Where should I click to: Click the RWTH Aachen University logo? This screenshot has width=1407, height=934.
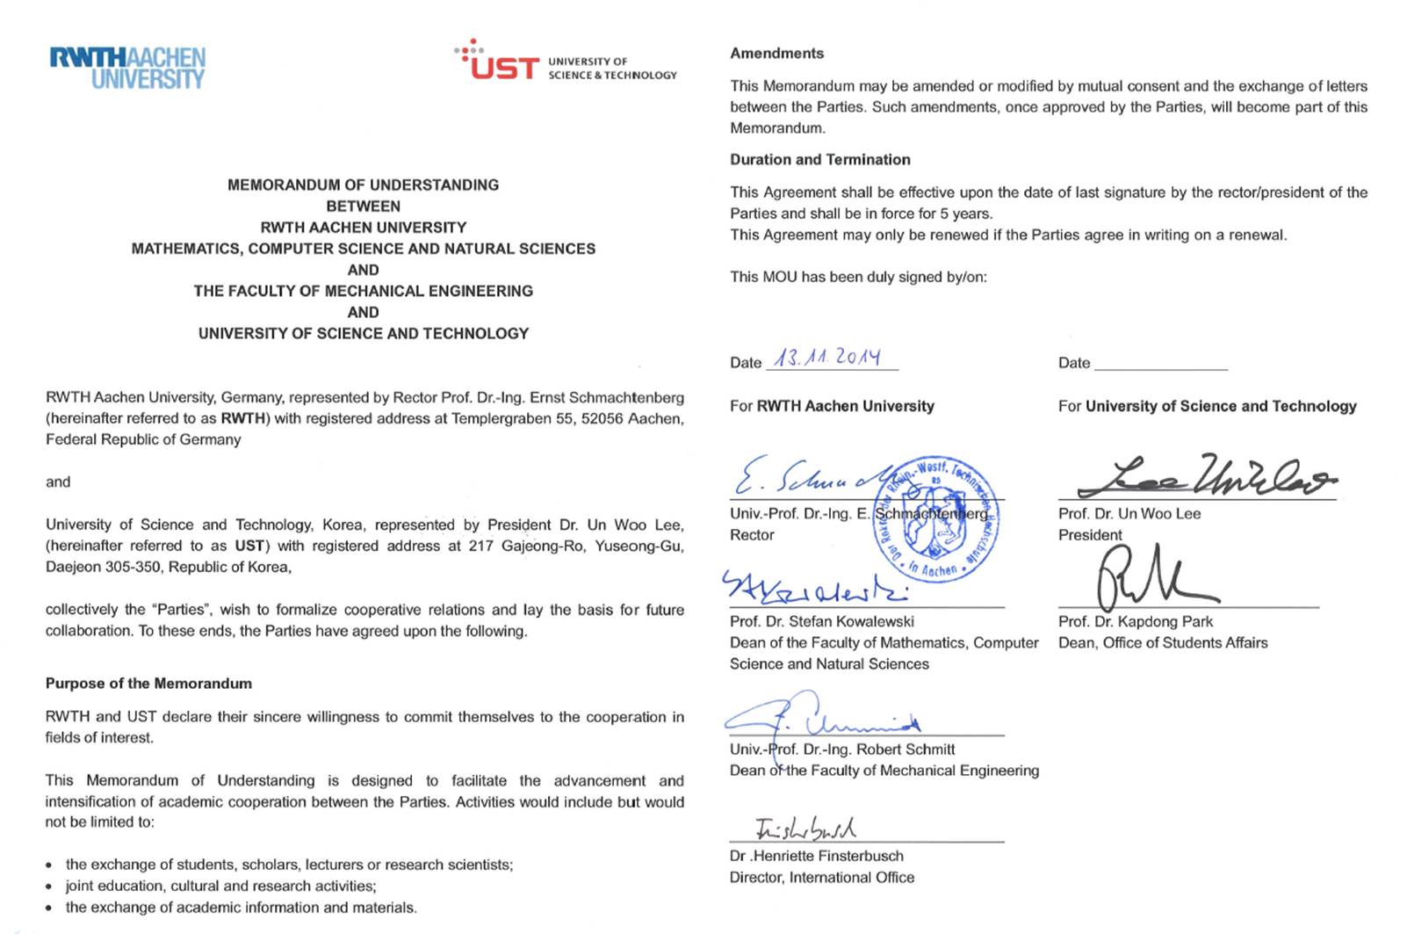tap(127, 68)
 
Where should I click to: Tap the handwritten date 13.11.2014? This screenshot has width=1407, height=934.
tap(826, 357)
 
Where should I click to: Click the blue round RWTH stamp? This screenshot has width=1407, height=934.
tap(937, 519)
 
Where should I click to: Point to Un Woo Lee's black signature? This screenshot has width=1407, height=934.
tap(1204, 477)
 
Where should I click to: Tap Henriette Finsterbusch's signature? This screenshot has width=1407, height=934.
tap(805, 828)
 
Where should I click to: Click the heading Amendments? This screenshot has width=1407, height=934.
tap(776, 54)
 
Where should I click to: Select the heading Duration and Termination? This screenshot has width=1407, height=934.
tap(819, 160)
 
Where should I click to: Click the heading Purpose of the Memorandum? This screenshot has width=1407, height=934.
tap(148, 684)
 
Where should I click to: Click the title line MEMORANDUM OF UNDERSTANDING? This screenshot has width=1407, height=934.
tap(363, 185)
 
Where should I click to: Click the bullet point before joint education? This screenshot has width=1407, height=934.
tap(48, 887)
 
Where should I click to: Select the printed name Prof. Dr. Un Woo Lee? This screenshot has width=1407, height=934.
tap(1129, 514)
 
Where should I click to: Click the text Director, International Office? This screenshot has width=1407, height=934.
tap(821, 878)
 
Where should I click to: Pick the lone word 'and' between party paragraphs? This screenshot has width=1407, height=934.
tap(58, 482)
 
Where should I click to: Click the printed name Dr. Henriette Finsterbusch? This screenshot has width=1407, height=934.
tap(816, 856)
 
